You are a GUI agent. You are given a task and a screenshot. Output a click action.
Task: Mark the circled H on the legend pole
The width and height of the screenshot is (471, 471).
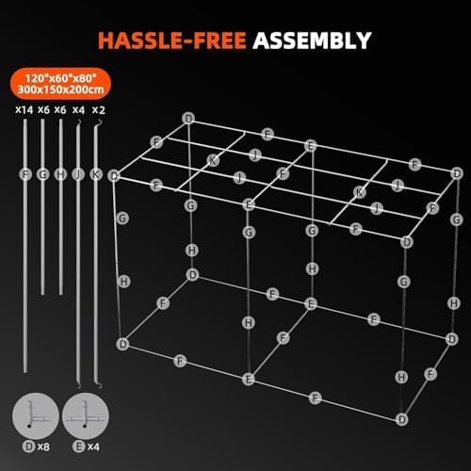tap(60, 173)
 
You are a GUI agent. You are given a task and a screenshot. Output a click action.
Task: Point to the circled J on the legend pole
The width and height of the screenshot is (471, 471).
tap(79, 173)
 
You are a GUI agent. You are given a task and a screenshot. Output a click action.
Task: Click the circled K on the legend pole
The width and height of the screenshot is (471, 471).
tap(97, 173)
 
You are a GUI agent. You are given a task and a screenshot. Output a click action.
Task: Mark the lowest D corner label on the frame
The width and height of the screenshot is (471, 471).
tap(402, 418)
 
